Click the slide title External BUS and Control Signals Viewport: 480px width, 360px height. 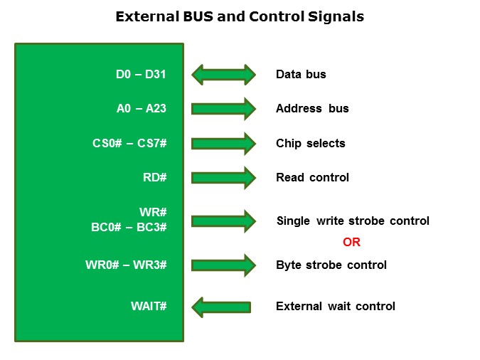pos(240,16)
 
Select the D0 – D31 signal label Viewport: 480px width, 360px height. pos(141,75)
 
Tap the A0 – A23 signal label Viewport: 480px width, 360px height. pos(141,109)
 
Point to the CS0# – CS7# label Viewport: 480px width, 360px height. pos(129,143)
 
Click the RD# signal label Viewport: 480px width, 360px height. pos(154,177)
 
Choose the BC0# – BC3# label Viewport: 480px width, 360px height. pos(130,227)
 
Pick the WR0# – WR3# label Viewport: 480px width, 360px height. pos(126,265)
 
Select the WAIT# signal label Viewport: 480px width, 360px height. pos(149,306)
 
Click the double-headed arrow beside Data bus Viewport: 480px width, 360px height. pos(223,75)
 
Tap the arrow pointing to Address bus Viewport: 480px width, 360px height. pos(223,109)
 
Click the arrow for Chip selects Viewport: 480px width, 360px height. pos(223,143)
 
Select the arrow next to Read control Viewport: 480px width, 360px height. pos(223,177)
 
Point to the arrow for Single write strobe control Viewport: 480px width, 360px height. pos(223,221)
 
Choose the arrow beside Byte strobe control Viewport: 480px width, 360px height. pos(223,265)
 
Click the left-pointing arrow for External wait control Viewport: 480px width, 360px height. pos(221,307)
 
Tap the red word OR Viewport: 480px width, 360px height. pos(351,243)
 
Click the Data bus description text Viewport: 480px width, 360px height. pos(301,75)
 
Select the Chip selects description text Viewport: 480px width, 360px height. pos(310,143)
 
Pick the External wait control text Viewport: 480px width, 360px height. pos(335,307)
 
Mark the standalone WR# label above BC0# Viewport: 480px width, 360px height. pos(153,213)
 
